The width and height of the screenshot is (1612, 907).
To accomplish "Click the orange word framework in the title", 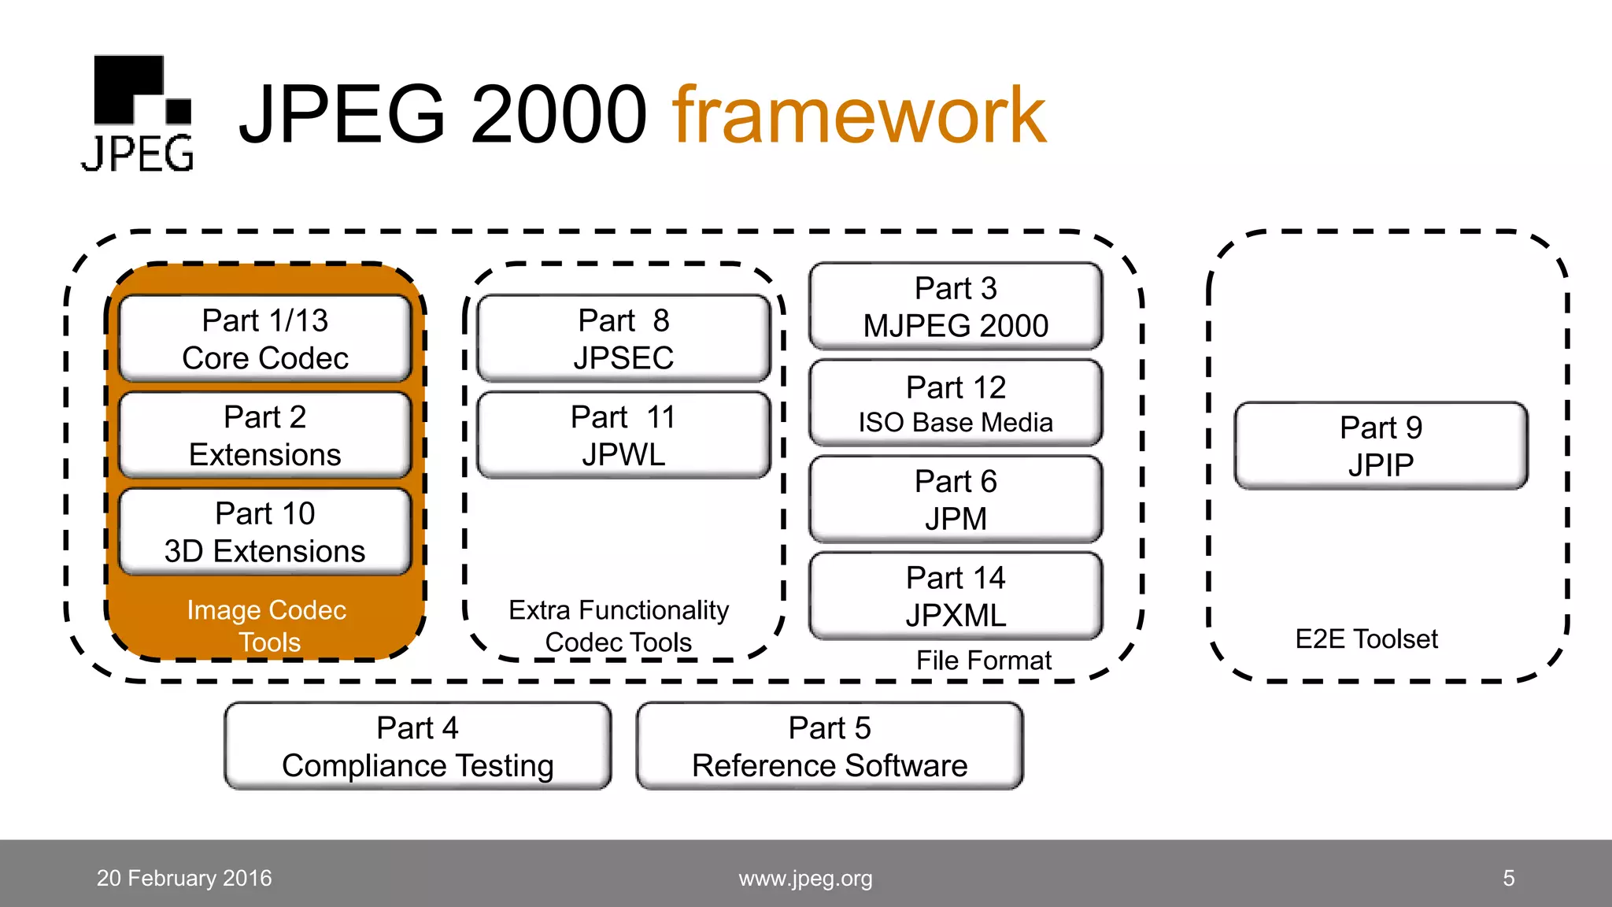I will click(859, 116).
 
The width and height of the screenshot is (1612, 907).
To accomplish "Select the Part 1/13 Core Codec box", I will click(265, 339).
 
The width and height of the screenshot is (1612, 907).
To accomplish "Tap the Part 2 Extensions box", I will click(265, 435).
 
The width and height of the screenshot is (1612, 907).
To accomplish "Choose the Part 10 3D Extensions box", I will click(265, 532).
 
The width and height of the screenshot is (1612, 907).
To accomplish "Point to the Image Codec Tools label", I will click(267, 626).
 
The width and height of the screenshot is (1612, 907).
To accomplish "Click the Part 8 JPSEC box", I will click(623, 339).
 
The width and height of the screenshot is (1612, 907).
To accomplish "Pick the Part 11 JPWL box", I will click(623, 435).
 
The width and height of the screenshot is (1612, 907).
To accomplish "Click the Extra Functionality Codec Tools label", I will click(619, 626).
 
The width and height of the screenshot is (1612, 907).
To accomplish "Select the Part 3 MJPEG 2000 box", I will click(956, 307).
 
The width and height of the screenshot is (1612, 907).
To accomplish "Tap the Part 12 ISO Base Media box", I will click(956, 404).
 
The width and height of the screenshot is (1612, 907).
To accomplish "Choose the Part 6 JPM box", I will click(956, 500).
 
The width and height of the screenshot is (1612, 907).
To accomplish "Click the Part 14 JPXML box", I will click(956, 596).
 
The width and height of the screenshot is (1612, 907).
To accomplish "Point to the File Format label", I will click(983, 660).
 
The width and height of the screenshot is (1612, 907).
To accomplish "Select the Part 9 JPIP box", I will click(1381, 446).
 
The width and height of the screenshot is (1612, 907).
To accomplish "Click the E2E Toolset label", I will click(1366, 639).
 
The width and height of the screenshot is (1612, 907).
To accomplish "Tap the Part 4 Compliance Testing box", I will click(418, 746).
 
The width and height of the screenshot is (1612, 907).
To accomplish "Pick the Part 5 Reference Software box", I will click(830, 746).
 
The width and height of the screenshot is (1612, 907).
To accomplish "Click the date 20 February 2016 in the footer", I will click(184, 878).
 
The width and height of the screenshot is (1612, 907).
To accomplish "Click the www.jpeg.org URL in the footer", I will click(805, 878).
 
